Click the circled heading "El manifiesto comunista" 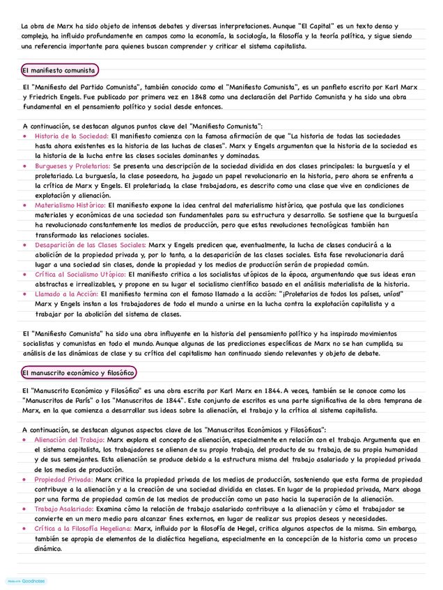[59, 70]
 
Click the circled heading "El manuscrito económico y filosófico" [78, 373]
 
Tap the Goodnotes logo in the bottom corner [26, 580]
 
